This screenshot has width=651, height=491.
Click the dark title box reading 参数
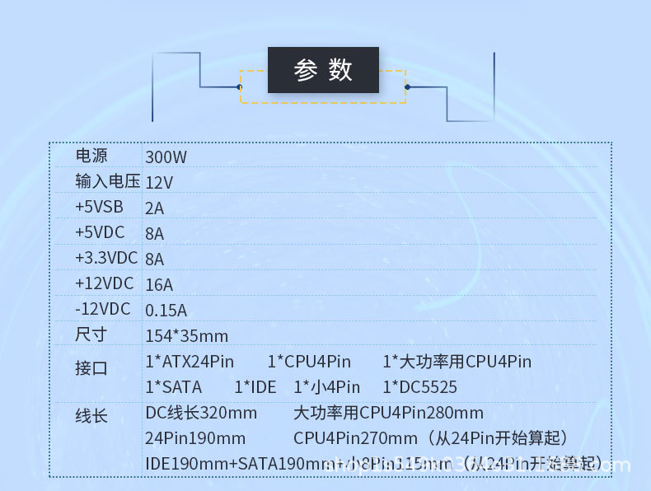[323, 70]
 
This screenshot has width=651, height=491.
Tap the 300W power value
[166, 157]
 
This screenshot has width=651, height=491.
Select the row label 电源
[91, 155]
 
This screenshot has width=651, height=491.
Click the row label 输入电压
[107, 181]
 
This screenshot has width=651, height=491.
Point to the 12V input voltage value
[159, 182]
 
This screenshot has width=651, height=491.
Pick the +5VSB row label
[99, 207]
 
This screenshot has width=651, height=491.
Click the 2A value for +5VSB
[154, 208]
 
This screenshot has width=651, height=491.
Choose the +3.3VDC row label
[106, 258]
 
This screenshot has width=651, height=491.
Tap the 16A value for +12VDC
[159, 285]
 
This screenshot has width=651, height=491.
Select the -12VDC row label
[102, 309]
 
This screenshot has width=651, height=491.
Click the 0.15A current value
[166, 311]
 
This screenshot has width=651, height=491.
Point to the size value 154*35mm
[186, 336]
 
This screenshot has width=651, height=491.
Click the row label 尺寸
[91, 334]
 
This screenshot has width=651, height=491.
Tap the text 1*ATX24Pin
[190, 362]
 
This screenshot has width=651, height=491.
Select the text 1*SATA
[173, 387]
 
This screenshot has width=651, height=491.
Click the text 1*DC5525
[419, 387]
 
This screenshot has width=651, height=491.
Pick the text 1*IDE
[255, 387]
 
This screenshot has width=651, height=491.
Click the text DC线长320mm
[201, 413]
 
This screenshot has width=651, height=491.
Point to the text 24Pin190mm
[195, 438]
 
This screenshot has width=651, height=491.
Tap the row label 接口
[91, 368]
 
